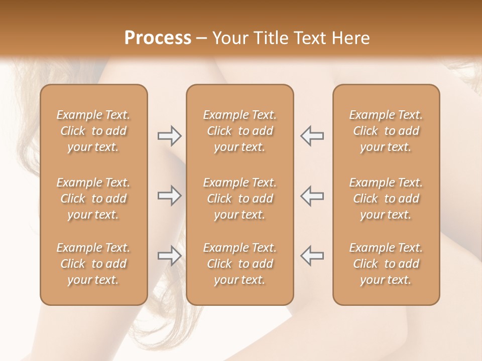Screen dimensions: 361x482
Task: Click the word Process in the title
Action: point(158,38)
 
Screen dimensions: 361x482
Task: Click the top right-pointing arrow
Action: point(169,136)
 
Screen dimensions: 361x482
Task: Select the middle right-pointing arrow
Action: point(169,196)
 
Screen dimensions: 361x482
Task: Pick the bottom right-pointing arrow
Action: point(169,256)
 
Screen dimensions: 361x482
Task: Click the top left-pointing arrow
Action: point(312,136)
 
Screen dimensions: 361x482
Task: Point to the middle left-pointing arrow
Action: point(312,196)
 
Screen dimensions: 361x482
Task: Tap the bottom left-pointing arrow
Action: point(312,256)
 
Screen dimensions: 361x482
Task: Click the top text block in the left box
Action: point(93,131)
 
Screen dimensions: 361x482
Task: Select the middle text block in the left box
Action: point(93,199)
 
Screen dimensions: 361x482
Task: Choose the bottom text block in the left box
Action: point(93,264)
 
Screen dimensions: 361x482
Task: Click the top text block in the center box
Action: point(239,131)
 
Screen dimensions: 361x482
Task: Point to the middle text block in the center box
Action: point(239,199)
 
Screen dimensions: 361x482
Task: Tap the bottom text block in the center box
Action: point(239,264)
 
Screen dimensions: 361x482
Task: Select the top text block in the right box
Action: point(386,131)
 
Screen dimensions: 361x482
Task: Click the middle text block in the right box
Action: point(386,199)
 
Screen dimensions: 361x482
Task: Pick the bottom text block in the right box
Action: point(386,264)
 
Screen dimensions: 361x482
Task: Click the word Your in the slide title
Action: point(229,38)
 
